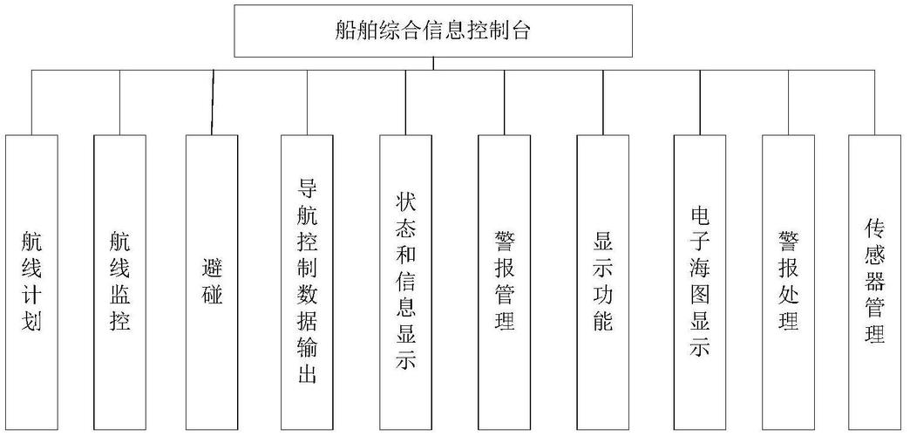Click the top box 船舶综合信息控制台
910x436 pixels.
click(x=433, y=31)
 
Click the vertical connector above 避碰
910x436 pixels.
click(x=213, y=102)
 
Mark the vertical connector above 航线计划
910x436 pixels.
click(x=31, y=102)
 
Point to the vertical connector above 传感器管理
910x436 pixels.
click(x=875, y=102)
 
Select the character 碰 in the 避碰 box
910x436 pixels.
click(x=212, y=295)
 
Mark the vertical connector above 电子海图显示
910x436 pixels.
click(x=699, y=102)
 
